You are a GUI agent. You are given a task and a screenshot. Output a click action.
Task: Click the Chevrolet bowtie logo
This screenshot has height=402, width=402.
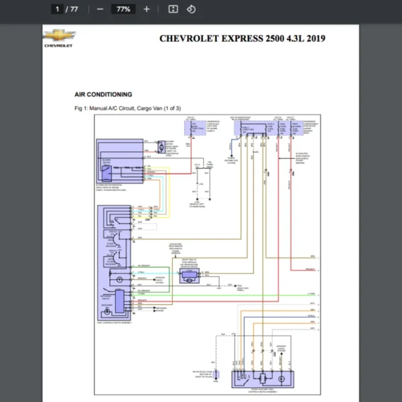[x=60, y=36]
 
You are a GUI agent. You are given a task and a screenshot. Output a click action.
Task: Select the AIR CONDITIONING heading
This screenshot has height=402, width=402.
[x=103, y=94]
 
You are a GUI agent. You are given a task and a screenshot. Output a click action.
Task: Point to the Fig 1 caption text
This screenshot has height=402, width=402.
[x=127, y=108]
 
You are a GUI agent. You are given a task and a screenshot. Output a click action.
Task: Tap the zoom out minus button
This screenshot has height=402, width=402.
[x=100, y=9]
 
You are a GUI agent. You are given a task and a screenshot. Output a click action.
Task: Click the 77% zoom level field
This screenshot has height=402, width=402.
[x=123, y=9]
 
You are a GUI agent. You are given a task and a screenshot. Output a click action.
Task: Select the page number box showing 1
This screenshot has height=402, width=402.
[x=58, y=9]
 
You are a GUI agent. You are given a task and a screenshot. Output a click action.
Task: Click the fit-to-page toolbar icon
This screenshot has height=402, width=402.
[x=173, y=9]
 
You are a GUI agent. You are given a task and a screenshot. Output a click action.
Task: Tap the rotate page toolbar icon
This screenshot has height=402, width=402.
[x=191, y=9]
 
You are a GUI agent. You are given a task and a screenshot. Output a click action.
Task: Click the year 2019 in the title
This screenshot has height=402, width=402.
[x=314, y=38]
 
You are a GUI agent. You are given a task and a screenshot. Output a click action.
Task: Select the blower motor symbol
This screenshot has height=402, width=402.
[x=161, y=147]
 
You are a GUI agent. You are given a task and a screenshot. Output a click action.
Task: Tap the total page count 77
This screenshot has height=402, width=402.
[x=74, y=9]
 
